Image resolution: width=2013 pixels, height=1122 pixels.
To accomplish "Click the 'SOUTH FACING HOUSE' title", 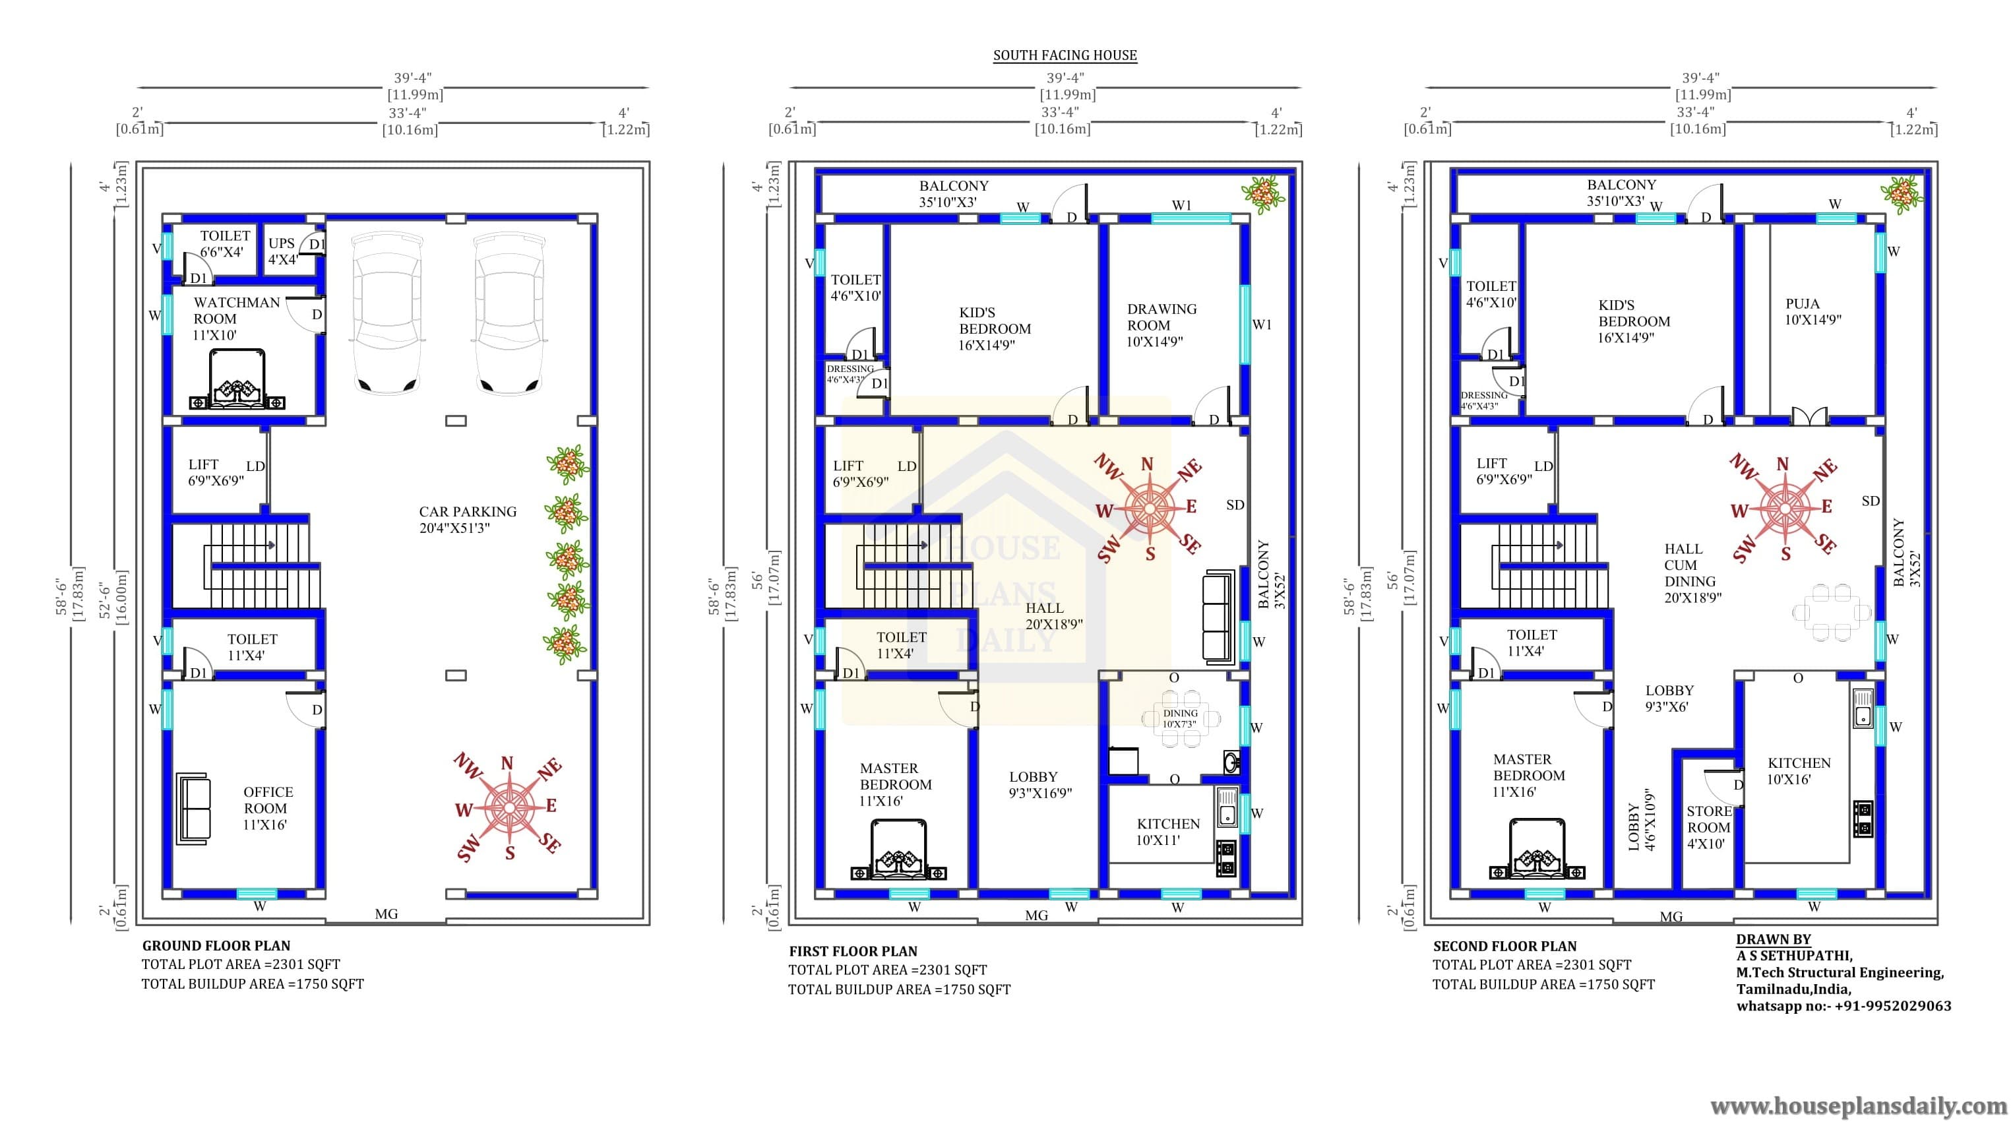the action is coord(1065,55).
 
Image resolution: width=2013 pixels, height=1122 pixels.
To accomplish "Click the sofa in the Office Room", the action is coord(194,809).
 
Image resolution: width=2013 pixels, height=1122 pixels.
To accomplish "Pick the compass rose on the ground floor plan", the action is coord(508,806).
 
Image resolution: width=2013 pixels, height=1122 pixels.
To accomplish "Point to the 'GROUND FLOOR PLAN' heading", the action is coord(216,945).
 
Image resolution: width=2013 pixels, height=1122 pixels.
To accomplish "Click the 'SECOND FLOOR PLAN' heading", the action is coord(1504,946).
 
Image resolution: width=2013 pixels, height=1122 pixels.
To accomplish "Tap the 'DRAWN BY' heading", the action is coord(1773,940).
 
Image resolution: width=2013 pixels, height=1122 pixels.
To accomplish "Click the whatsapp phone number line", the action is coord(1843,1007).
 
